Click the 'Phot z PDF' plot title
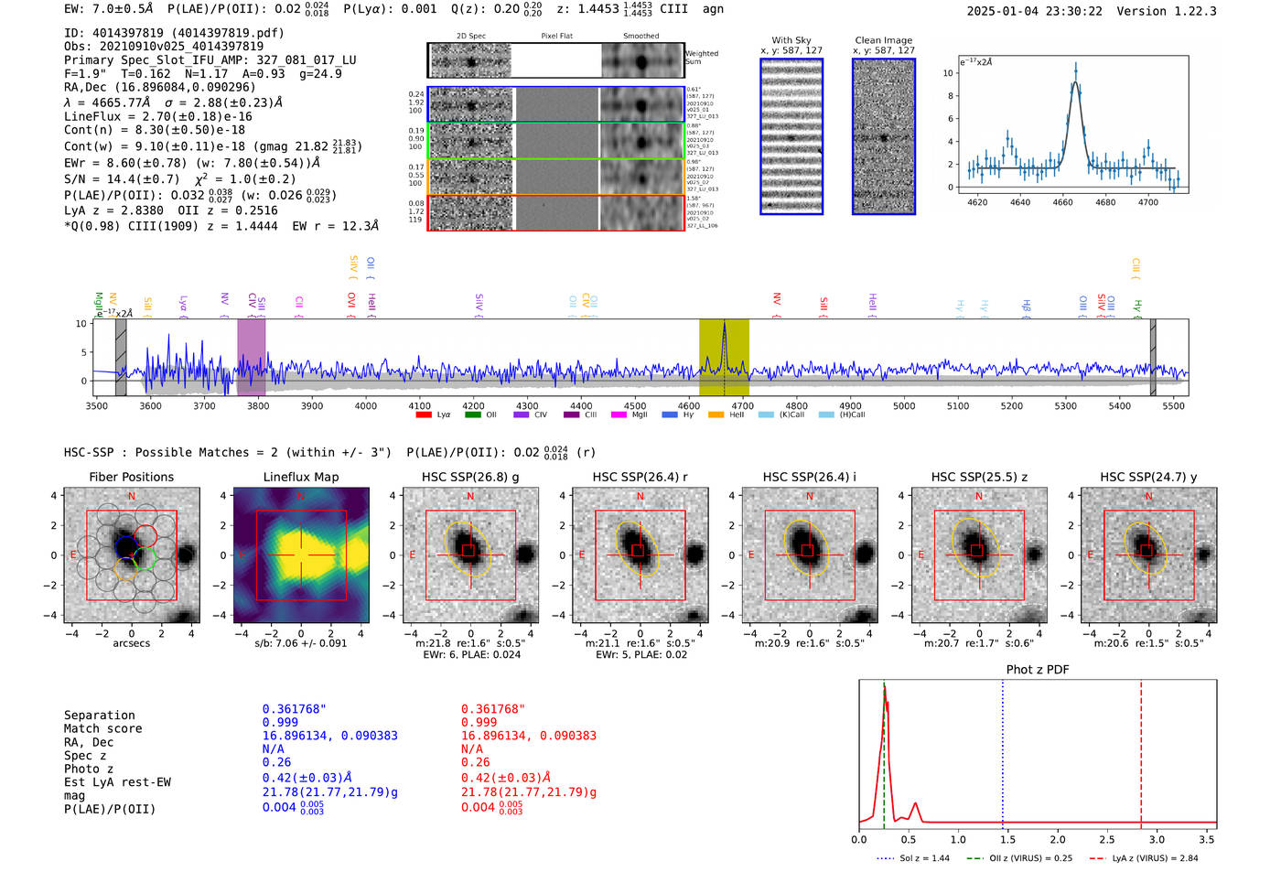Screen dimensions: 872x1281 click(x=1038, y=669)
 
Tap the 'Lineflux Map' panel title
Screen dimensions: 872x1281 click(x=300, y=477)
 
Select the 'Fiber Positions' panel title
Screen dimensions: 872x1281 click(x=131, y=477)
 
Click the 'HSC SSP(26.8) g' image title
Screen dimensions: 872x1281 click(x=470, y=477)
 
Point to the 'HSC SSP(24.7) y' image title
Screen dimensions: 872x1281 click(x=1148, y=477)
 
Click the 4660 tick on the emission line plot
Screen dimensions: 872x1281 click(x=1062, y=202)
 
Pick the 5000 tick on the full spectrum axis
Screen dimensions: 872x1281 click(x=904, y=405)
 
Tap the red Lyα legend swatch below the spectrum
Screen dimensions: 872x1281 click(x=424, y=414)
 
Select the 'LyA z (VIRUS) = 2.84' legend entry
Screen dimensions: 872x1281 click(x=1154, y=858)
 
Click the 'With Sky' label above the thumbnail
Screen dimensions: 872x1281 click(x=791, y=40)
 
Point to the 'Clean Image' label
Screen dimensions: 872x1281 click(x=883, y=40)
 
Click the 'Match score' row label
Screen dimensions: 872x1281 click(x=102, y=728)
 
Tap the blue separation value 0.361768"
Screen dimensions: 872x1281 click(x=294, y=709)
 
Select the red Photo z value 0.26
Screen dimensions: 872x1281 click(x=475, y=762)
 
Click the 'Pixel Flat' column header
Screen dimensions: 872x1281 click(x=556, y=36)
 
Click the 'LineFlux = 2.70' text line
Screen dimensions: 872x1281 click(x=157, y=116)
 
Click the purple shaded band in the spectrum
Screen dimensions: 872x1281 click(x=251, y=357)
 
